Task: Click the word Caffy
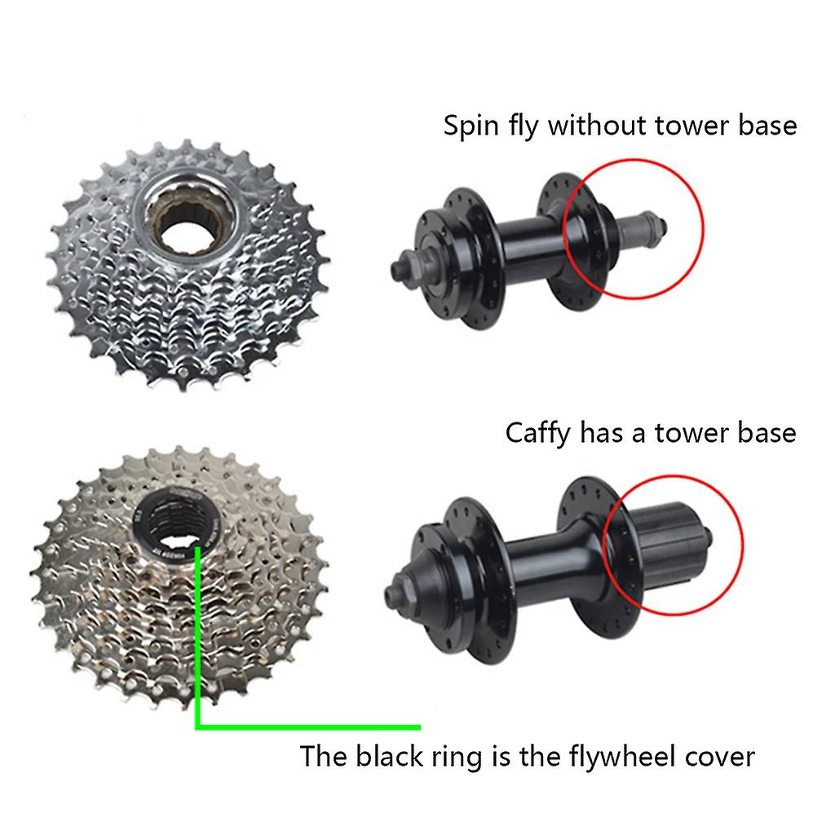click(x=537, y=434)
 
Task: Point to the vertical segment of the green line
click(x=197, y=636)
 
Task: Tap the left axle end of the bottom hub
click(x=396, y=591)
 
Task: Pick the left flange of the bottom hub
click(x=474, y=581)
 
